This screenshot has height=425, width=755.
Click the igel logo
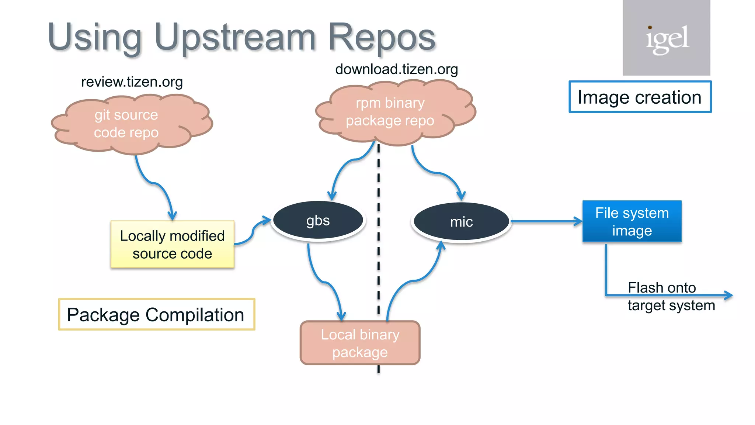pyautogui.click(x=667, y=38)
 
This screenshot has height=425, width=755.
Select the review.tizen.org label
pyautogui.click(x=132, y=82)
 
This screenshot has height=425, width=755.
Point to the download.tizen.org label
pyautogui.click(x=396, y=69)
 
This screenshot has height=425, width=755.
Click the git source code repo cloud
pyautogui.click(x=126, y=124)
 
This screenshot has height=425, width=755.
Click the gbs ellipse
pyautogui.click(x=318, y=221)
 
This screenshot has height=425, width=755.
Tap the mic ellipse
pyautogui.click(x=461, y=222)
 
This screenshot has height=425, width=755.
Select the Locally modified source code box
pyautogui.click(x=172, y=244)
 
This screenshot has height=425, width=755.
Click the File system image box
pyautogui.click(x=632, y=221)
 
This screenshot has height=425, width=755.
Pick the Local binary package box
pyautogui.click(x=360, y=343)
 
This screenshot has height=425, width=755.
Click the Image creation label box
pyautogui.click(x=640, y=97)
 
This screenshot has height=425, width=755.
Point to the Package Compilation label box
pyautogui.click(x=156, y=315)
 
